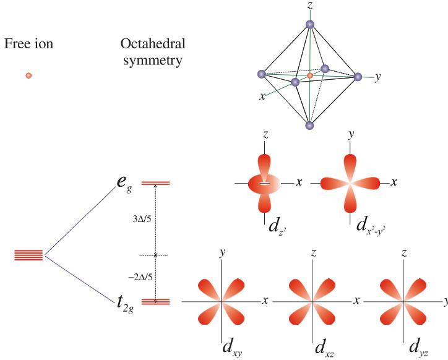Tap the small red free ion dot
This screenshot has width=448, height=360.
pos(28,75)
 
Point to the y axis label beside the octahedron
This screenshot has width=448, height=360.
pos(377,77)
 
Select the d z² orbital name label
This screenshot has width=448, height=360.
pos(275,226)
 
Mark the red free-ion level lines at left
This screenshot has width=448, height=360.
pos(28,255)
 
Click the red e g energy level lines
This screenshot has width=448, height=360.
pos(155,183)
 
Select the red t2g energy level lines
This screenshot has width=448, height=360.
pos(155,301)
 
